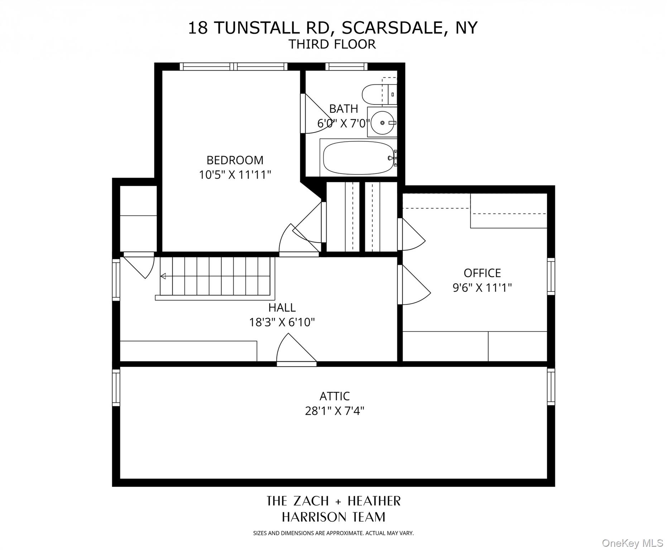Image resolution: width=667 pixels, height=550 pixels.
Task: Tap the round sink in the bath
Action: (x=382, y=122)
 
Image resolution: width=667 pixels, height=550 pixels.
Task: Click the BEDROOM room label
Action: (x=235, y=160)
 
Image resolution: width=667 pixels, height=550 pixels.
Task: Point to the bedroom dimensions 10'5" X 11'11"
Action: (x=235, y=175)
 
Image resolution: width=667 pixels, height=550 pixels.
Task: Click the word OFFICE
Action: (x=482, y=273)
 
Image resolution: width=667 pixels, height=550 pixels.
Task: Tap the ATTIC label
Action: (x=334, y=396)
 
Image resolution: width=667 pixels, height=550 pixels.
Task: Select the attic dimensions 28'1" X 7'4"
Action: (x=334, y=411)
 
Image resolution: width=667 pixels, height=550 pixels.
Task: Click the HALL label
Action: (x=282, y=308)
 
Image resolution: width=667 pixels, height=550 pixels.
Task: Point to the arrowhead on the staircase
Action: (x=163, y=276)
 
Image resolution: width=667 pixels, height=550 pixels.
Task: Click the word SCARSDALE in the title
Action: (x=393, y=28)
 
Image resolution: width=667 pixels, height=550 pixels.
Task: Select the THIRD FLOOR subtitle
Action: (x=332, y=44)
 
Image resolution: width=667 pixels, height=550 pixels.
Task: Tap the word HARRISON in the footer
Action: (x=309, y=517)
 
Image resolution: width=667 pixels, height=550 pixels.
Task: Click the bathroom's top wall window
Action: (x=346, y=66)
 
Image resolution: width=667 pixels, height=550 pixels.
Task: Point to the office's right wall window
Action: (x=551, y=276)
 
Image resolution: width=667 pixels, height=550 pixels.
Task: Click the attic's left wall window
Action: (x=116, y=387)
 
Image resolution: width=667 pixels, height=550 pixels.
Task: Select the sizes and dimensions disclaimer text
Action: (x=333, y=533)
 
